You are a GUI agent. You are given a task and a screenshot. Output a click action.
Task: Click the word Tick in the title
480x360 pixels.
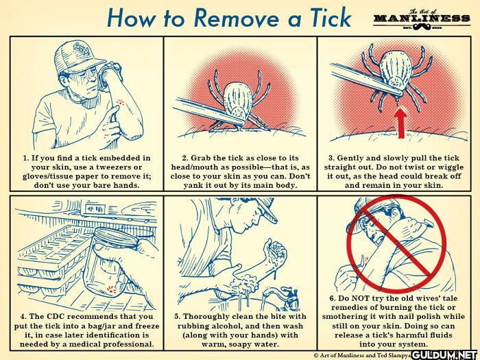coord(331,18)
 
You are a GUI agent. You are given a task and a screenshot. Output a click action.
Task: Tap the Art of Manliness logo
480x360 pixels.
coord(422,20)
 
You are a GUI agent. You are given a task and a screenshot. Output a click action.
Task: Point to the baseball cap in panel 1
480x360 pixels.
coord(78,57)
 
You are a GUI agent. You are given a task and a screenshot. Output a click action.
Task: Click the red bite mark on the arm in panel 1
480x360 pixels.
coord(120,102)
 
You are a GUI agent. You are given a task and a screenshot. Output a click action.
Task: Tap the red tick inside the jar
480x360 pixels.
coord(111,289)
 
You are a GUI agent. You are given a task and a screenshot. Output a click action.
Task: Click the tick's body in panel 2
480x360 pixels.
coord(238,99)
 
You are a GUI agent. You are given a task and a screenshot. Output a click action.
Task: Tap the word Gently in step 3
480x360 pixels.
coord(350,158)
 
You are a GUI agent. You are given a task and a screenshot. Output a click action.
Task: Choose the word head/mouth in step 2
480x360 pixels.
coord(200,167)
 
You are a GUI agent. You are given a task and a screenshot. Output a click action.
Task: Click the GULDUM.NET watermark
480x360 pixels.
coord(445,355)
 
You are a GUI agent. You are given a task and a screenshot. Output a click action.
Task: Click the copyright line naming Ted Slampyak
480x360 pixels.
coord(363,355)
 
